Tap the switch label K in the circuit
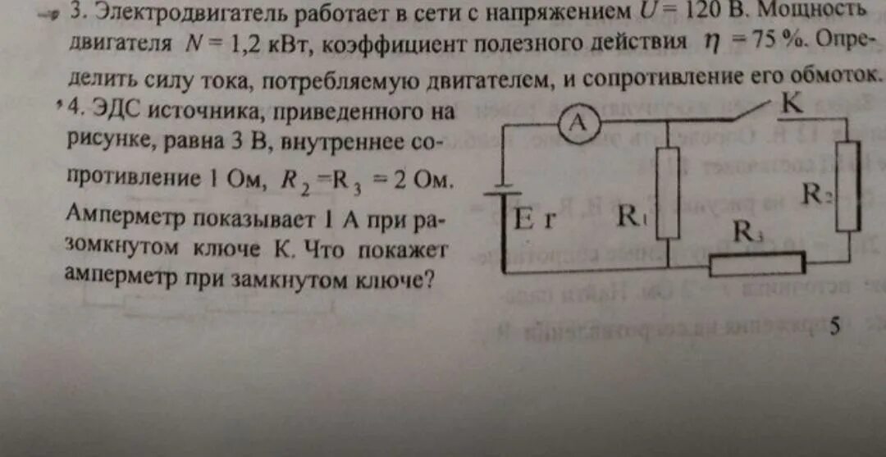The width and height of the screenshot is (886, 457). point(792,103)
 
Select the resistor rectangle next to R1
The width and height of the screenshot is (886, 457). point(669,193)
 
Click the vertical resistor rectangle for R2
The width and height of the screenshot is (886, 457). point(847,186)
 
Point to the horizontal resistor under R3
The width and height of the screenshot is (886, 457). point(756,263)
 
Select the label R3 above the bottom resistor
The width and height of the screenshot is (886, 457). point(747,233)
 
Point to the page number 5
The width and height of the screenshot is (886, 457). point(835,327)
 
